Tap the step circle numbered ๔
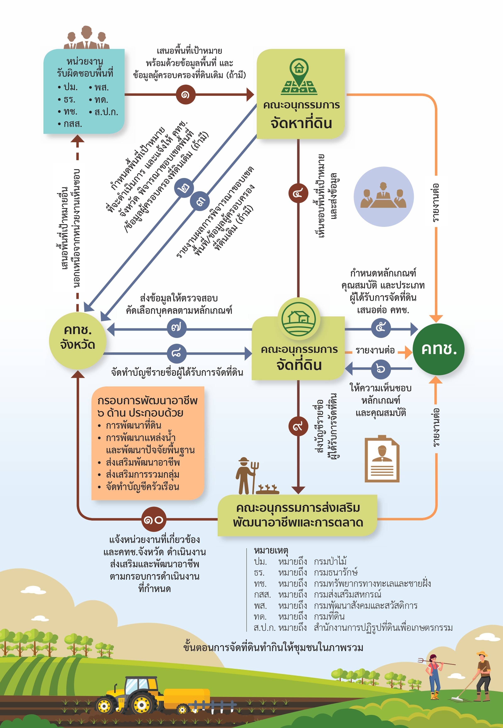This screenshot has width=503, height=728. pos(298,193)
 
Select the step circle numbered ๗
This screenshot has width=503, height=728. pos(177,328)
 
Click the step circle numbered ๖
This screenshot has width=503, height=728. pos(381,369)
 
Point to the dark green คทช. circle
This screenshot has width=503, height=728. pos(438,349)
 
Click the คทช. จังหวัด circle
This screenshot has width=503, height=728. pos(78,341)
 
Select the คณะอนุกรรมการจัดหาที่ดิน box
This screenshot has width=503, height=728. pos(300,94)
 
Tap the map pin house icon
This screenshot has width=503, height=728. pos(299,77)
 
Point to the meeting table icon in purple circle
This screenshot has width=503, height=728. pos(384,197)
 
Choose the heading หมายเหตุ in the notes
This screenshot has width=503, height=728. pos(271,550)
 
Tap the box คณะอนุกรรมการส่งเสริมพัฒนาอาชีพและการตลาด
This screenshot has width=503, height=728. pos(297,515)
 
